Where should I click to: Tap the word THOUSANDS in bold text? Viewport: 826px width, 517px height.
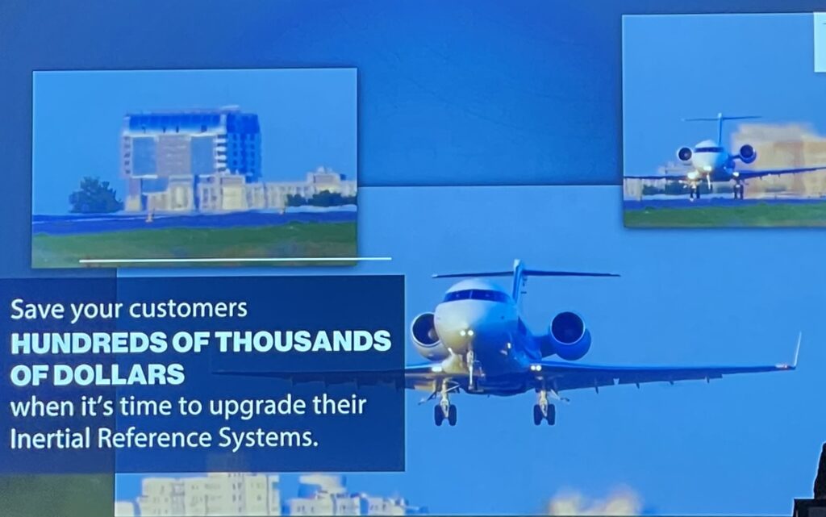pyautogui.click(x=303, y=342)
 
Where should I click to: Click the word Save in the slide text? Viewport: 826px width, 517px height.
pyautogui.click(x=36, y=309)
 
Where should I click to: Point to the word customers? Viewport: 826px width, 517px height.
pyautogui.click(x=188, y=309)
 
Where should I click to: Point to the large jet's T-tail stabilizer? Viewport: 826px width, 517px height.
pyautogui.click(x=525, y=273)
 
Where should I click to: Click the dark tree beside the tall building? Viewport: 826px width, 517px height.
pyautogui.click(x=95, y=195)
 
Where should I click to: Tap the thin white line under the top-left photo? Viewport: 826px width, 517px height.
pyautogui.click(x=235, y=260)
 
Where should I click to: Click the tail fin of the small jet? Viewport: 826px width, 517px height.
pyautogui.click(x=719, y=127)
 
